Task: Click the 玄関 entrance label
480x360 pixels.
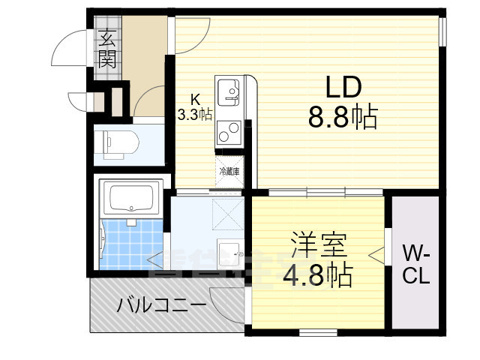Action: coord(106,48)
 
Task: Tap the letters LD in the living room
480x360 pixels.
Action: coord(343,87)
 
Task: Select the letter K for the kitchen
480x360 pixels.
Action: coord(194,99)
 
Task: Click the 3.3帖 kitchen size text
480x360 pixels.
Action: coord(194,114)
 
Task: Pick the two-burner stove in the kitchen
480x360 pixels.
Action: coord(228,132)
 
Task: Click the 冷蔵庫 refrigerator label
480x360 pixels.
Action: coord(229,172)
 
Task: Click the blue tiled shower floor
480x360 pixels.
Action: coord(132,244)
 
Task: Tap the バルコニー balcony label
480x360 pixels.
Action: coord(161,306)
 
